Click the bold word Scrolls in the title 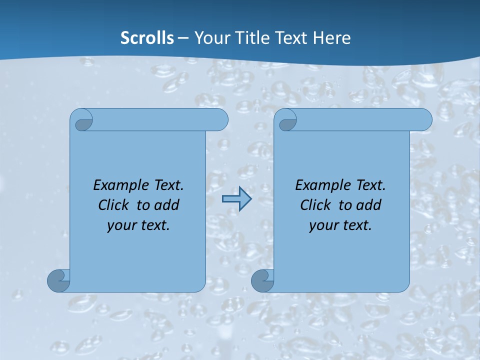coord(147,38)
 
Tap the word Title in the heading coord(258,38)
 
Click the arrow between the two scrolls coord(236,199)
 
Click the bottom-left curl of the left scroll coord(58,281)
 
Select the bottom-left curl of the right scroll coord(262,281)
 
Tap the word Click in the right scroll coord(315,205)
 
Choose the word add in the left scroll coord(166,205)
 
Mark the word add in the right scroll coord(368,205)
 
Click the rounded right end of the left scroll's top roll coord(220,120)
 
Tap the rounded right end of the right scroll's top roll coord(424,120)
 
